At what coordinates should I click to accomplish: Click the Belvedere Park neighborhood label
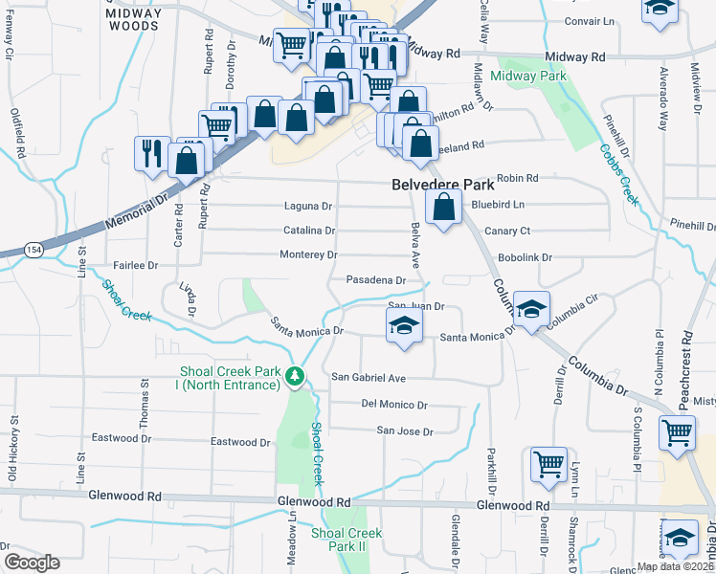442,184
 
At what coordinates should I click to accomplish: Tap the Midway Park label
528,76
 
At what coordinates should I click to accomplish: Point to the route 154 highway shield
34,249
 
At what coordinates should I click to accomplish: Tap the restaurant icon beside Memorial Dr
152,154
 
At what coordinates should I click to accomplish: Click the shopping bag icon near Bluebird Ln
443,207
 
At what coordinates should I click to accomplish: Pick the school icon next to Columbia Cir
530,308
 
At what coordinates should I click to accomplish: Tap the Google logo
31,563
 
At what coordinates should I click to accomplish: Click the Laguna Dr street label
307,206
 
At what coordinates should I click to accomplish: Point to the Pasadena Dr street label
376,280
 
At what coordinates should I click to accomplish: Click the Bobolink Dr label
527,258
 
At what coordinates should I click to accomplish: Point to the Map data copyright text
675,566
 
